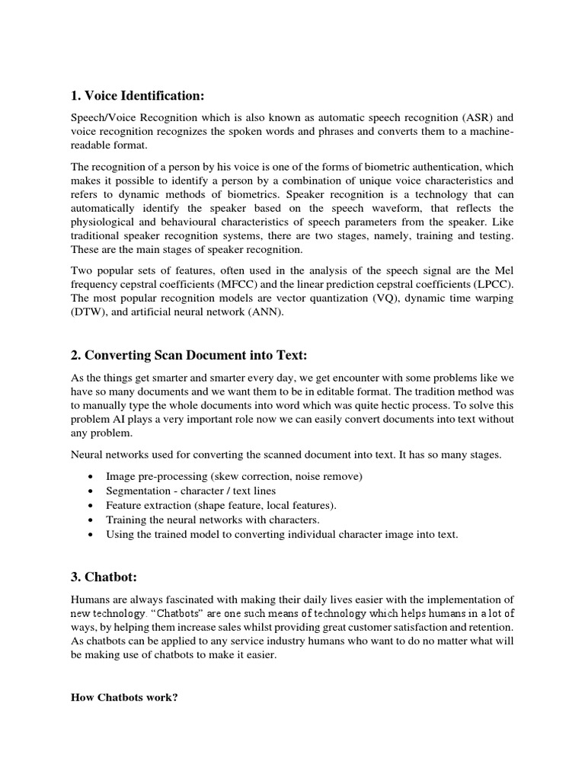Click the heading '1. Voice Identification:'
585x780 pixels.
138,95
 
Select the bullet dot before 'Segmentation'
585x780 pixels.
91,491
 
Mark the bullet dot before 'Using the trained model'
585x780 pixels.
91,534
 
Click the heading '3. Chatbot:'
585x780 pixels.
101,577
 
